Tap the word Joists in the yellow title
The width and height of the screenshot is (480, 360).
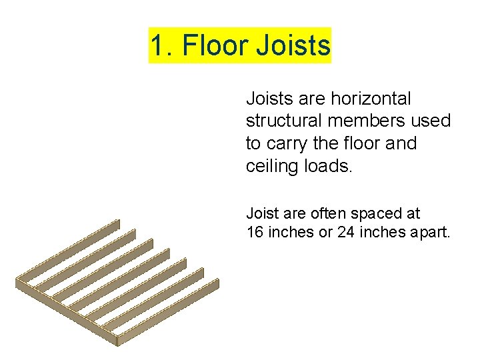pyautogui.click(x=293, y=46)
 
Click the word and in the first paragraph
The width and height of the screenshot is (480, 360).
pyautogui.click(x=399, y=144)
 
